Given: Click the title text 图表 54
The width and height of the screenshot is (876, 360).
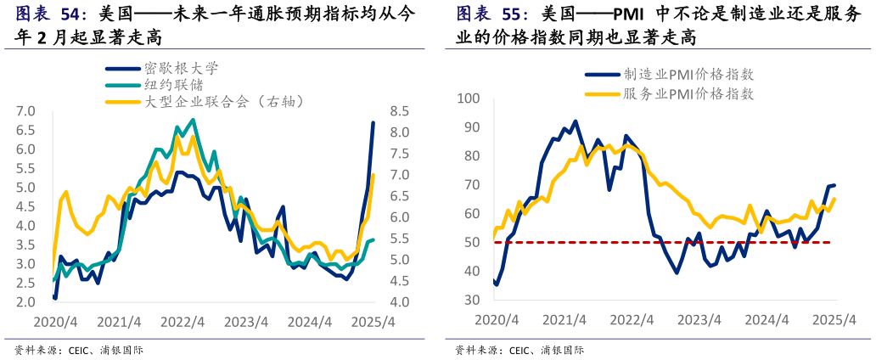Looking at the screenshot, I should pyautogui.click(x=51, y=14).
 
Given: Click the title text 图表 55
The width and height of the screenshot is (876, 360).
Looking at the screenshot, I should pyautogui.click(x=491, y=14).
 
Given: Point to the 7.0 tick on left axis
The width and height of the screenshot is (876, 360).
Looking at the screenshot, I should pyautogui.click(x=25, y=111).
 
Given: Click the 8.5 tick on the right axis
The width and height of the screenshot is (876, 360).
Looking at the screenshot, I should pyautogui.click(x=400, y=111).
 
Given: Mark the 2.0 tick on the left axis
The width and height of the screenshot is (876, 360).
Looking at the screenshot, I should pyautogui.click(x=25, y=302).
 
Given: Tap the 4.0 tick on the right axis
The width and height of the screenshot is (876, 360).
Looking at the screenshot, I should pyautogui.click(x=400, y=302).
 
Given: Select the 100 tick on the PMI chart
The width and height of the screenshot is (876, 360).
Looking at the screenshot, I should pyautogui.click(x=469, y=98).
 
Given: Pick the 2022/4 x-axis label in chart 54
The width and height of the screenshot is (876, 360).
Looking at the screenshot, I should pyautogui.click(x=182, y=323).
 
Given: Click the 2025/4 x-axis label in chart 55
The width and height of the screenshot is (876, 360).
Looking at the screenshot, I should pyautogui.click(x=834, y=319).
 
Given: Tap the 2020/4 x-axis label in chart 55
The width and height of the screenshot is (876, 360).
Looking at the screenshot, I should pyautogui.click(x=495, y=319).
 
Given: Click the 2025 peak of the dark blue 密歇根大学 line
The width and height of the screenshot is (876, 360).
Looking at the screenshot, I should pyautogui.click(x=373, y=123).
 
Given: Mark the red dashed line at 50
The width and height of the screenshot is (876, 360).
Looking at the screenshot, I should pyautogui.click(x=662, y=243).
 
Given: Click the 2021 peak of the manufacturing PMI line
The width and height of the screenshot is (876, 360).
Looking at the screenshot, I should pyautogui.click(x=575, y=121).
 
